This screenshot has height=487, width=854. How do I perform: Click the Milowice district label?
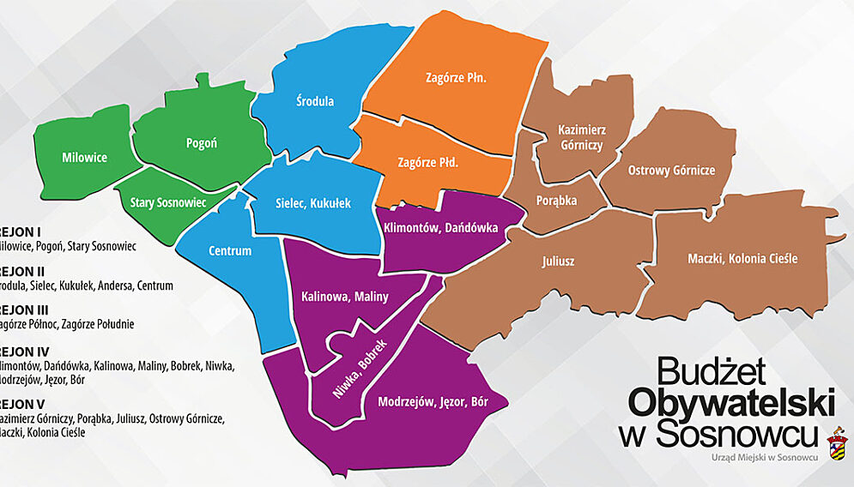[84, 158]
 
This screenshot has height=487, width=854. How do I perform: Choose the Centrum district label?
[230, 251]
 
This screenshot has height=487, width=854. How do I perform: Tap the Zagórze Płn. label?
[456, 77]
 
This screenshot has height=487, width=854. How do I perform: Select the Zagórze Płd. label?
[427, 161]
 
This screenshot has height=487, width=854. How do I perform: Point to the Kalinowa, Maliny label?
[345, 297]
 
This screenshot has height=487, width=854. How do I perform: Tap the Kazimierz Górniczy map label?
[581, 137]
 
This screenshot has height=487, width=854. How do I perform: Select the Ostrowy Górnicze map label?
[671, 170]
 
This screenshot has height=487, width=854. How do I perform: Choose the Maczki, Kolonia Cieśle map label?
[743, 258]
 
